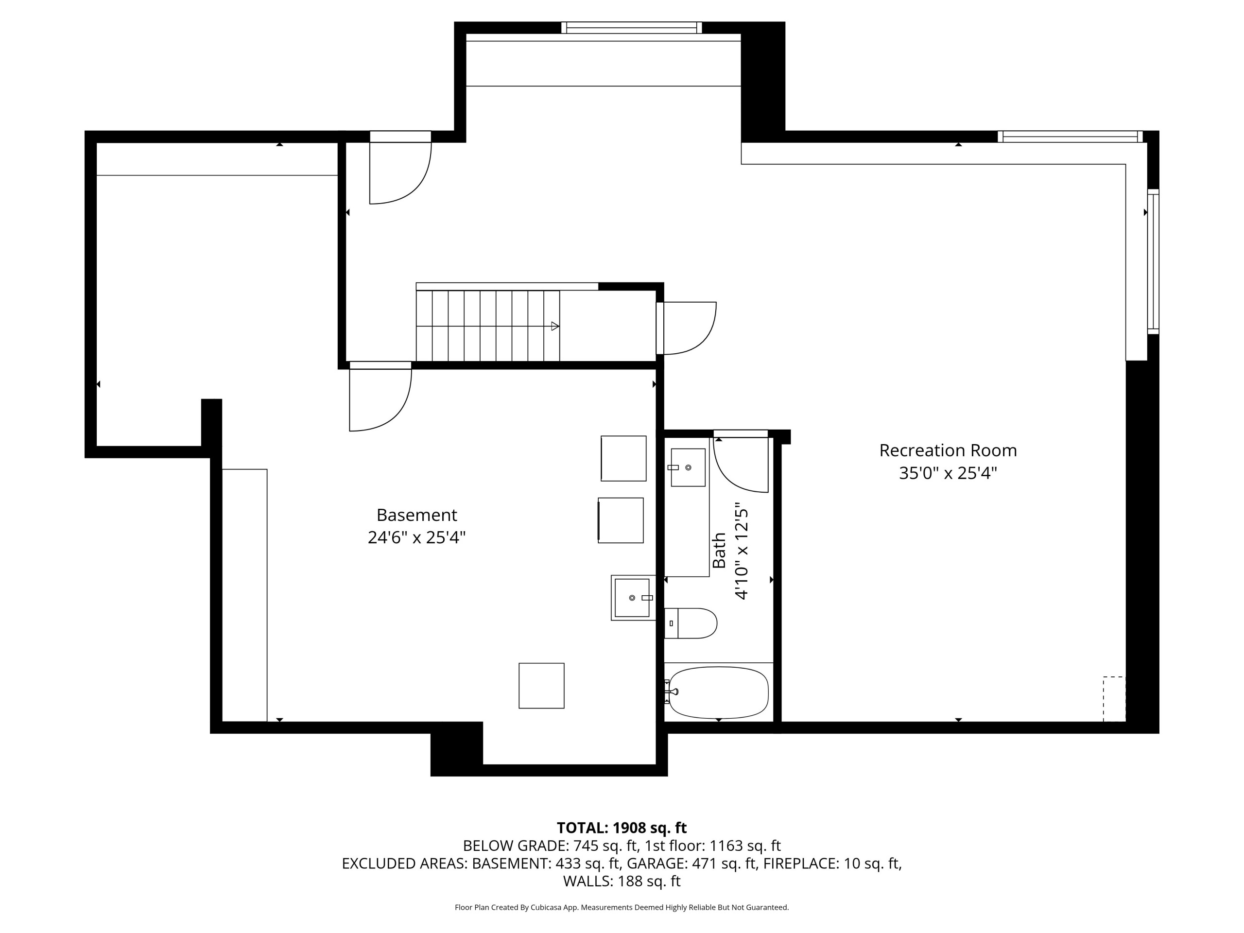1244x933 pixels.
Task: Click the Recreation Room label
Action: pos(948,450)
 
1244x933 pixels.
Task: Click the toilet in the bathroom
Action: pos(690,623)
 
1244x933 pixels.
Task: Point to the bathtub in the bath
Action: pos(718,692)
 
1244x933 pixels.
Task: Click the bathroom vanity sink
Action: pos(687,467)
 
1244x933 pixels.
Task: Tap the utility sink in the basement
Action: pos(633,598)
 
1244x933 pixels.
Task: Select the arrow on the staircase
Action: pos(555,326)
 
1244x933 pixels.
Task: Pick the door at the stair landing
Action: pos(686,328)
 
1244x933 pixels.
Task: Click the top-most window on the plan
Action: pos(632,28)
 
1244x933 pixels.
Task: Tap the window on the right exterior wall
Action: pos(1153,261)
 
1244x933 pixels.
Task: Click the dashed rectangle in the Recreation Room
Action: pos(1114,699)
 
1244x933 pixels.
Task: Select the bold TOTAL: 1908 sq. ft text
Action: pos(622,828)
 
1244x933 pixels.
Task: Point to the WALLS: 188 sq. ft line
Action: pos(622,881)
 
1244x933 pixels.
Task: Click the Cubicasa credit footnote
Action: pos(622,907)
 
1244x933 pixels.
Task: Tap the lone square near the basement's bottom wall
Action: pos(541,686)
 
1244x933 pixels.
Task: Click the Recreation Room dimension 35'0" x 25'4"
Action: pos(948,473)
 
